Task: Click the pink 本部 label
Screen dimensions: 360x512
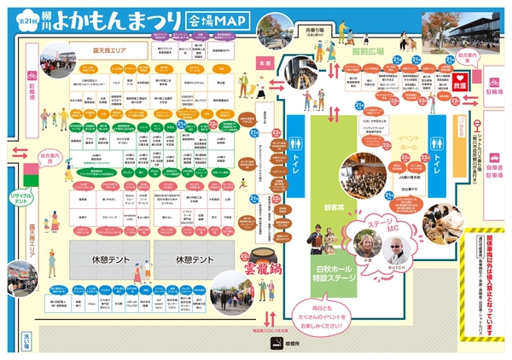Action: point(265,63)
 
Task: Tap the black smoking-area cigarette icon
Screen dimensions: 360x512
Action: point(276,343)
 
